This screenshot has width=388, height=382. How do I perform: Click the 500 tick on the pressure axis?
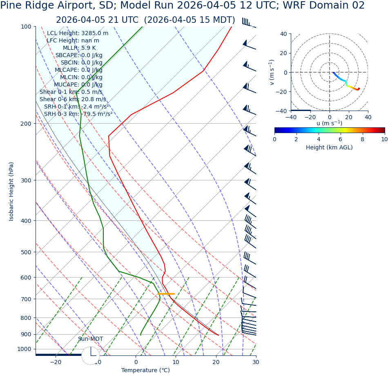[27, 252]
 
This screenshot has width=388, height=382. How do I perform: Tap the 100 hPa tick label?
[27, 27]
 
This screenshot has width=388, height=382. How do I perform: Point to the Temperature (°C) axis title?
[145, 370]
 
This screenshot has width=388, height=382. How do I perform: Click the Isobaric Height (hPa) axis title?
[11, 191]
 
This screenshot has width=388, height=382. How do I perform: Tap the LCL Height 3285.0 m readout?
[78, 33]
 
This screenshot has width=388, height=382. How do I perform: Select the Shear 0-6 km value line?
[73, 99]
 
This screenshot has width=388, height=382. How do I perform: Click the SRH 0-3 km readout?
[78, 114]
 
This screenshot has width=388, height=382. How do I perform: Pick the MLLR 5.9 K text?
[79, 48]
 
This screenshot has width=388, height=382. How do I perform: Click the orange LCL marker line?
[166, 294]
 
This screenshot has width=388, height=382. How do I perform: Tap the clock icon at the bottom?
[90, 355]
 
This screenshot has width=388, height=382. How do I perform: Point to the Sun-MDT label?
[90, 339]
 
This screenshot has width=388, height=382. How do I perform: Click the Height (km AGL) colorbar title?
[329, 147]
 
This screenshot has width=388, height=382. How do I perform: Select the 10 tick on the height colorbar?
[384, 139]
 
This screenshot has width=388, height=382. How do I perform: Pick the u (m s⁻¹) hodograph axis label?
[329, 123]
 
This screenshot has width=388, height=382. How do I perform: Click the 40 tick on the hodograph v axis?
[283, 34]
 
